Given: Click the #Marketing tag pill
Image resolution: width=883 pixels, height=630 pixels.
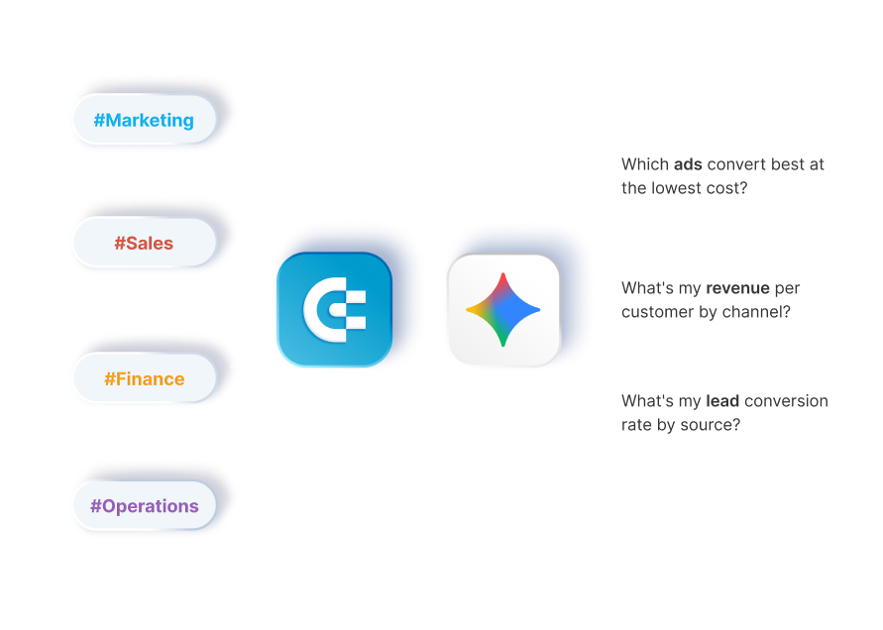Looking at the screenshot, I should [x=144, y=121].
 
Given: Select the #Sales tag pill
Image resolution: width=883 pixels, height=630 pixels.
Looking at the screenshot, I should [x=144, y=243].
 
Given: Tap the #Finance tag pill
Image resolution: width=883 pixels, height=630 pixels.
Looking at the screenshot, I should [x=144, y=378].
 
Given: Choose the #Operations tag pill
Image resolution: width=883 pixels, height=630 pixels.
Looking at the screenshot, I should [x=144, y=506].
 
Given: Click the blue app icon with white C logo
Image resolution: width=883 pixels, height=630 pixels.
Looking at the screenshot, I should [x=334, y=310].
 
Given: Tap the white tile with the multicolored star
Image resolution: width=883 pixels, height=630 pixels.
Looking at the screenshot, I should [x=502, y=310].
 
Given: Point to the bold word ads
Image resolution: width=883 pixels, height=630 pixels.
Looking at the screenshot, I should [x=689, y=164].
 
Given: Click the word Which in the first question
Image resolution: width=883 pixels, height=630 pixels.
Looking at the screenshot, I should [x=644, y=164].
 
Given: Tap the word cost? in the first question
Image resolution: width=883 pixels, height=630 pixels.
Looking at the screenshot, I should [x=727, y=188].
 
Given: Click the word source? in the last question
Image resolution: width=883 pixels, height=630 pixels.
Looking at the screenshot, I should [x=710, y=426].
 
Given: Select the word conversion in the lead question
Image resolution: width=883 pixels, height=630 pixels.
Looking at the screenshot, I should [x=785, y=401].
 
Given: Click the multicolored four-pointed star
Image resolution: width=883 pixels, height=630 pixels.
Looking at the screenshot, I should [x=502, y=309].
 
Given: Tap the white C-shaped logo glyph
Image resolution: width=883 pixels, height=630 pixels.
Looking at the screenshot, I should [x=333, y=310].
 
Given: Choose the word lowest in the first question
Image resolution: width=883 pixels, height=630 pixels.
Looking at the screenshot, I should [x=678, y=188].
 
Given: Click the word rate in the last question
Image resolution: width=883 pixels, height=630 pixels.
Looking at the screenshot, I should [x=638, y=426].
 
